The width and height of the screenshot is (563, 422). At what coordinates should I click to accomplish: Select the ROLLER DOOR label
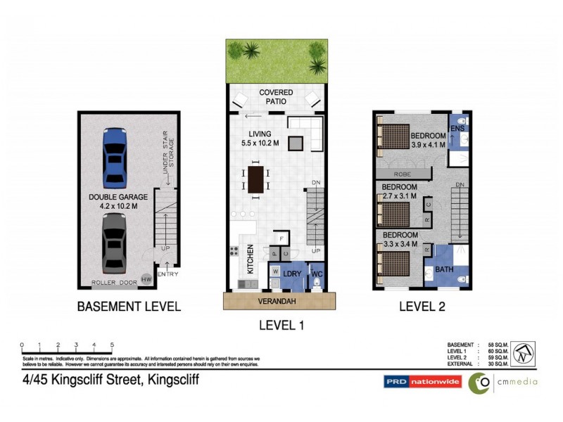[114, 283]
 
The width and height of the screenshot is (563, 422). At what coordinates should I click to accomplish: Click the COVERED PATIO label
[276, 97]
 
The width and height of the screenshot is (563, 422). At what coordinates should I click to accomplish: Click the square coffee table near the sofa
[298, 143]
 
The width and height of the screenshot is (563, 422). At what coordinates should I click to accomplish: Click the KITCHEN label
[250, 258]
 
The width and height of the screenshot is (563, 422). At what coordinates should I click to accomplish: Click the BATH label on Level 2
[444, 269]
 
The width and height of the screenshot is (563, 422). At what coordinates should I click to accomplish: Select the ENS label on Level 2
[457, 129]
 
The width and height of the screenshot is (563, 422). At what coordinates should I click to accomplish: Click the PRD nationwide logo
[422, 382]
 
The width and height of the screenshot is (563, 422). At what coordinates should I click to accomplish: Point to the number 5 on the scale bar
[112, 345]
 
